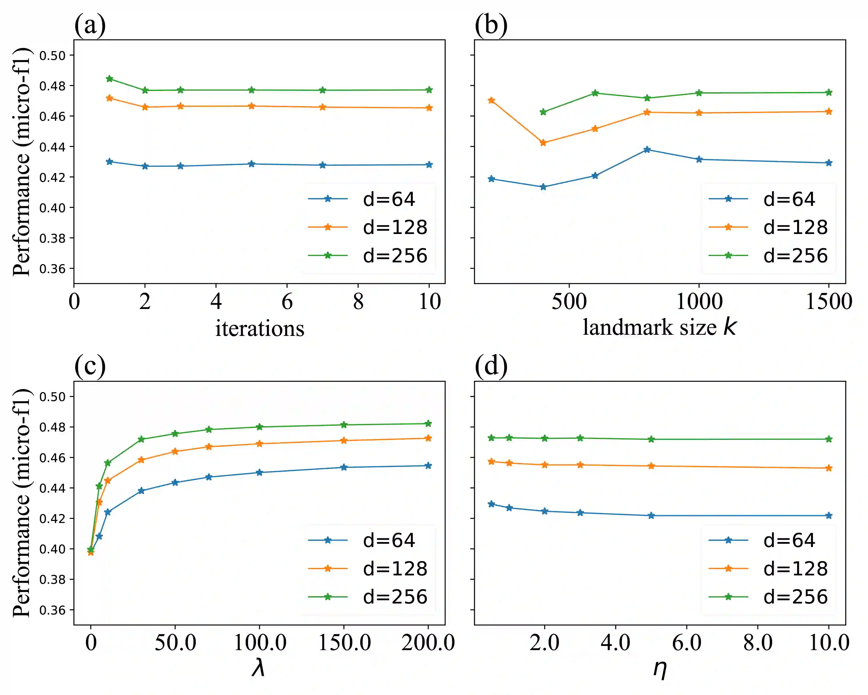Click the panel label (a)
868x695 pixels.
tap(90, 25)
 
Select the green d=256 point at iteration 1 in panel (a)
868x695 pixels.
tap(109, 78)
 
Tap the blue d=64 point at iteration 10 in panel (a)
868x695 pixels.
tap(429, 164)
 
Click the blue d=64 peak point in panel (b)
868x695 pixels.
tap(647, 149)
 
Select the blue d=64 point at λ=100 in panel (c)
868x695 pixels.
tap(259, 472)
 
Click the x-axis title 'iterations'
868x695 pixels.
tap(260, 328)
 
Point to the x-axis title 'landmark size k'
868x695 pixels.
tap(659, 327)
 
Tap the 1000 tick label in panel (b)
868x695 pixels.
tap(699, 301)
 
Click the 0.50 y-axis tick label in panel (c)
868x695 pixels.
tap(52, 397)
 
